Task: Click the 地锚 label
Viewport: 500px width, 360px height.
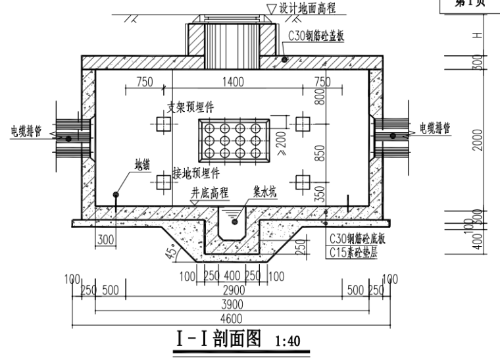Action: click(x=142, y=163)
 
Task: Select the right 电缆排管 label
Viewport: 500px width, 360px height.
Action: click(x=434, y=128)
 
